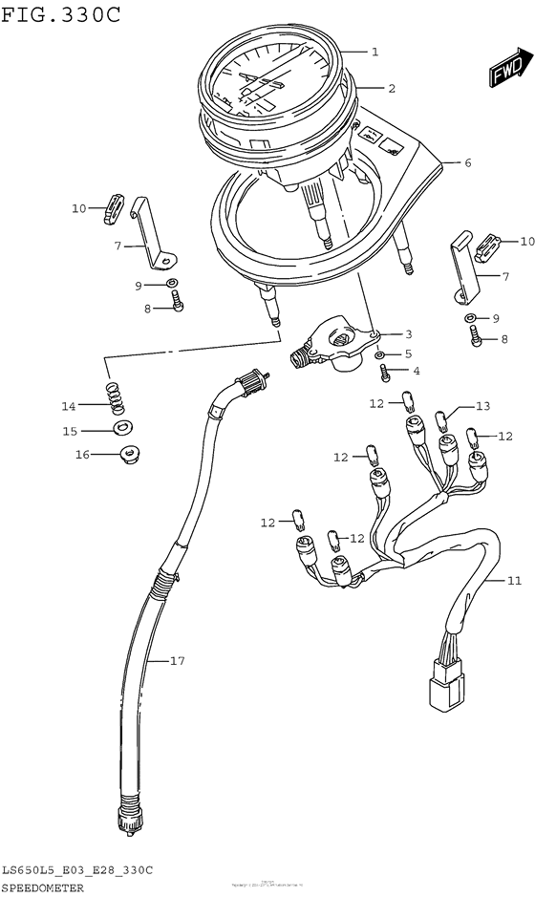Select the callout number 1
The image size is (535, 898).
[x=375, y=52]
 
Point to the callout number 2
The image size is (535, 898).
[x=392, y=88]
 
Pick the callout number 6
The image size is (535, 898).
[x=467, y=162]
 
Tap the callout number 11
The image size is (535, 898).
[x=514, y=580]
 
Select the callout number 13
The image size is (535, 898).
[x=482, y=406]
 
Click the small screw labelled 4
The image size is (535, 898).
[x=384, y=370]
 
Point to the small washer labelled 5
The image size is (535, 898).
[x=382, y=354]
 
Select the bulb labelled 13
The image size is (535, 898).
[x=441, y=418]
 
